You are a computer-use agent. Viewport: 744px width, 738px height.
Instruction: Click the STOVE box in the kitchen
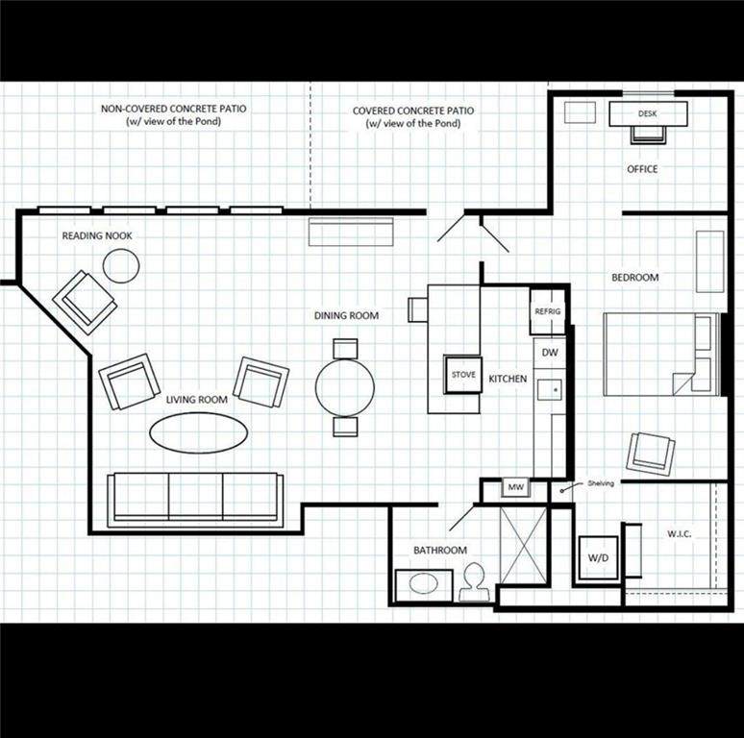[463, 375]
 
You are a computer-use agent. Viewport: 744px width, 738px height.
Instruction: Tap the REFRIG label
[548, 311]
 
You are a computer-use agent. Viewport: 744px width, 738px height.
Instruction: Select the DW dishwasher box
[550, 353]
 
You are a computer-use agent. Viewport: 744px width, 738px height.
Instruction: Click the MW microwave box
[516, 487]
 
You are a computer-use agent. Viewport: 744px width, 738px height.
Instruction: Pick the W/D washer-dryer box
[598, 557]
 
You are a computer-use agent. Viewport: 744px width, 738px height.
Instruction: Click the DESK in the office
[648, 113]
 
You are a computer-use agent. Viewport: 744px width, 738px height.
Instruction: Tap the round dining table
[345, 387]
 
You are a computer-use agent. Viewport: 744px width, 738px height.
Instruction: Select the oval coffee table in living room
[199, 433]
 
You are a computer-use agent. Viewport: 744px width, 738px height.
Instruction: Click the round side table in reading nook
[121, 265]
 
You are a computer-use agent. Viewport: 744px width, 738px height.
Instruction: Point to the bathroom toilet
[474, 582]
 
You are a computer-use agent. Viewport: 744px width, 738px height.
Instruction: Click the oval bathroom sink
[423, 583]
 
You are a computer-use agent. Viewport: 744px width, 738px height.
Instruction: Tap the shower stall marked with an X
[523, 545]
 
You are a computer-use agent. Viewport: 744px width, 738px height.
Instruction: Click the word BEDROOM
[634, 278]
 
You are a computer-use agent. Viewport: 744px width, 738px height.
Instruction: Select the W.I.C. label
[679, 534]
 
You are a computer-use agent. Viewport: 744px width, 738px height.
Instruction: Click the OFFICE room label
[642, 169]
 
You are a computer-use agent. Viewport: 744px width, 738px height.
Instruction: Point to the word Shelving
[601, 483]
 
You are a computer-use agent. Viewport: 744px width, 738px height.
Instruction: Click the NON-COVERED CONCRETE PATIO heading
[174, 109]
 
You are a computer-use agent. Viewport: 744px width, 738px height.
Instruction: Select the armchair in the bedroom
[651, 453]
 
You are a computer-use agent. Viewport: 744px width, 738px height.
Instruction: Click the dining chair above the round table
[345, 349]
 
